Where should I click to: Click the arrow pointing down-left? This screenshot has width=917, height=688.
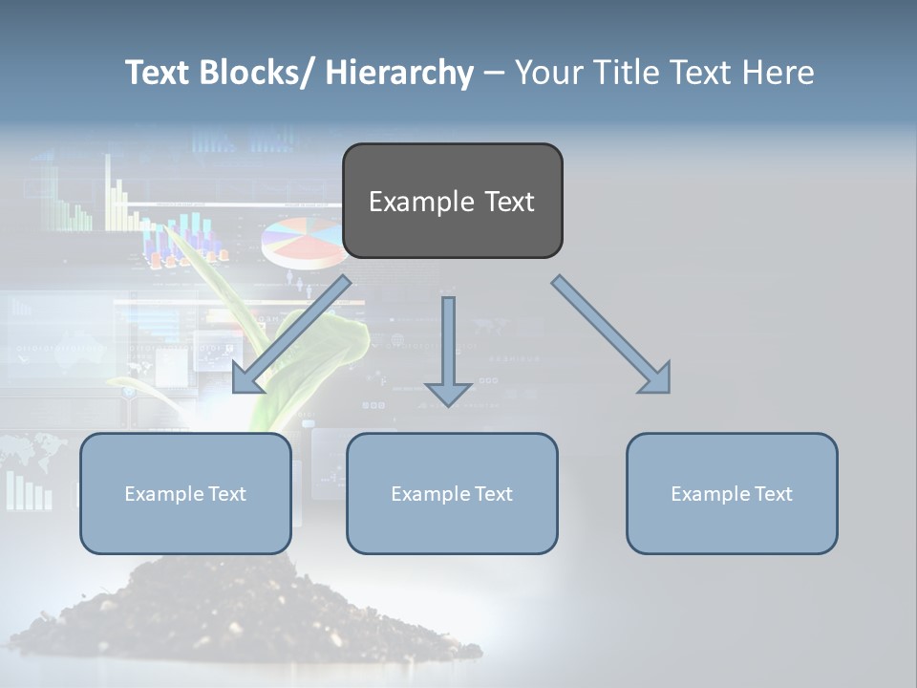click(291, 334)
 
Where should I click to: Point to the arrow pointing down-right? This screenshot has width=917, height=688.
click(611, 334)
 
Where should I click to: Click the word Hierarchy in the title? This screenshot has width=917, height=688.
click(399, 73)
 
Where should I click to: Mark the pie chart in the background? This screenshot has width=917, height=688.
click(304, 242)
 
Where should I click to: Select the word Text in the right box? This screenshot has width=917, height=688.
click(773, 493)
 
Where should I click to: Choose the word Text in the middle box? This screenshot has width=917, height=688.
click(493, 493)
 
